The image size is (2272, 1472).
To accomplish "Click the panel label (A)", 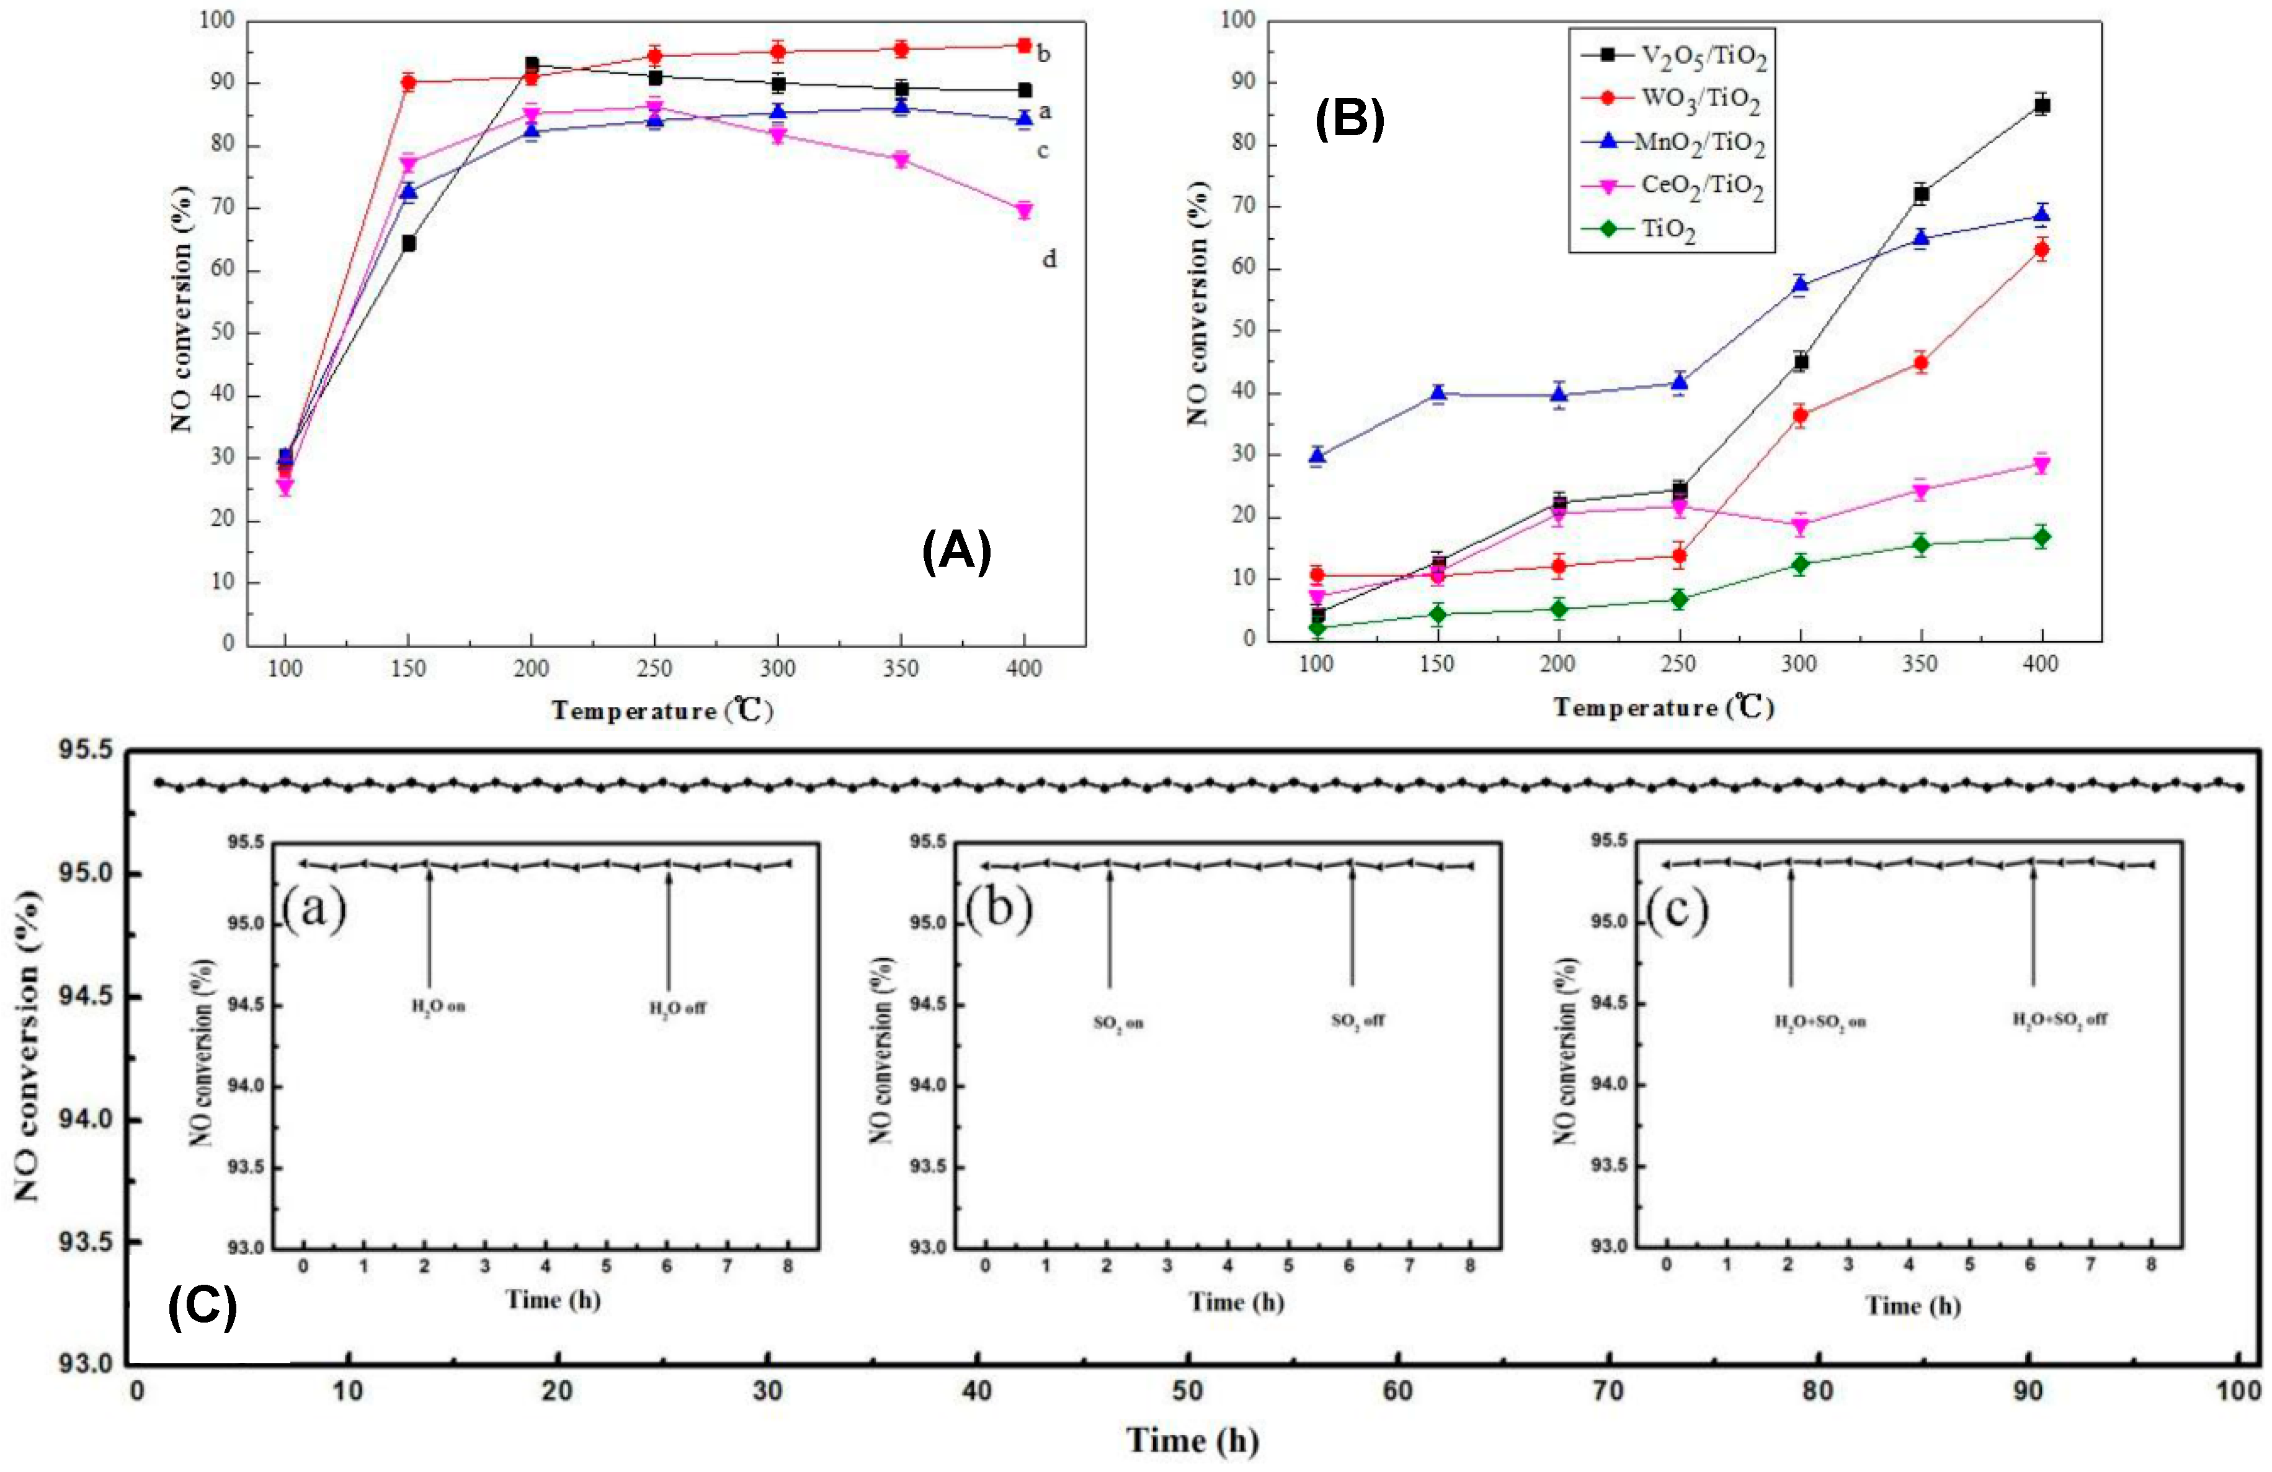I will click(956, 552).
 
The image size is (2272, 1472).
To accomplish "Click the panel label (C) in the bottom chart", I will click(202, 1307).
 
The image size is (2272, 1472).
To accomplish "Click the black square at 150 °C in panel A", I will click(409, 244).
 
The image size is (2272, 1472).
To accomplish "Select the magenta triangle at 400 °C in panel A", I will click(1023, 210).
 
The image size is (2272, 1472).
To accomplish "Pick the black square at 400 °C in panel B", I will click(2042, 105).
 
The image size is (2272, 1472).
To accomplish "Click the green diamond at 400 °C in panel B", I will click(2042, 538).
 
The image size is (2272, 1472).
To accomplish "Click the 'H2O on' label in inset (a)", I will click(438, 1006).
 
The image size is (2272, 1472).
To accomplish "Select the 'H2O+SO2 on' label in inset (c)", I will click(1819, 1021).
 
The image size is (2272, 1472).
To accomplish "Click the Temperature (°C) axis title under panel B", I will click(1663, 707).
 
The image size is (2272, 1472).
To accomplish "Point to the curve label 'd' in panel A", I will click(1048, 259).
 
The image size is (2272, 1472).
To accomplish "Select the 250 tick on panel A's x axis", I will click(655, 668).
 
